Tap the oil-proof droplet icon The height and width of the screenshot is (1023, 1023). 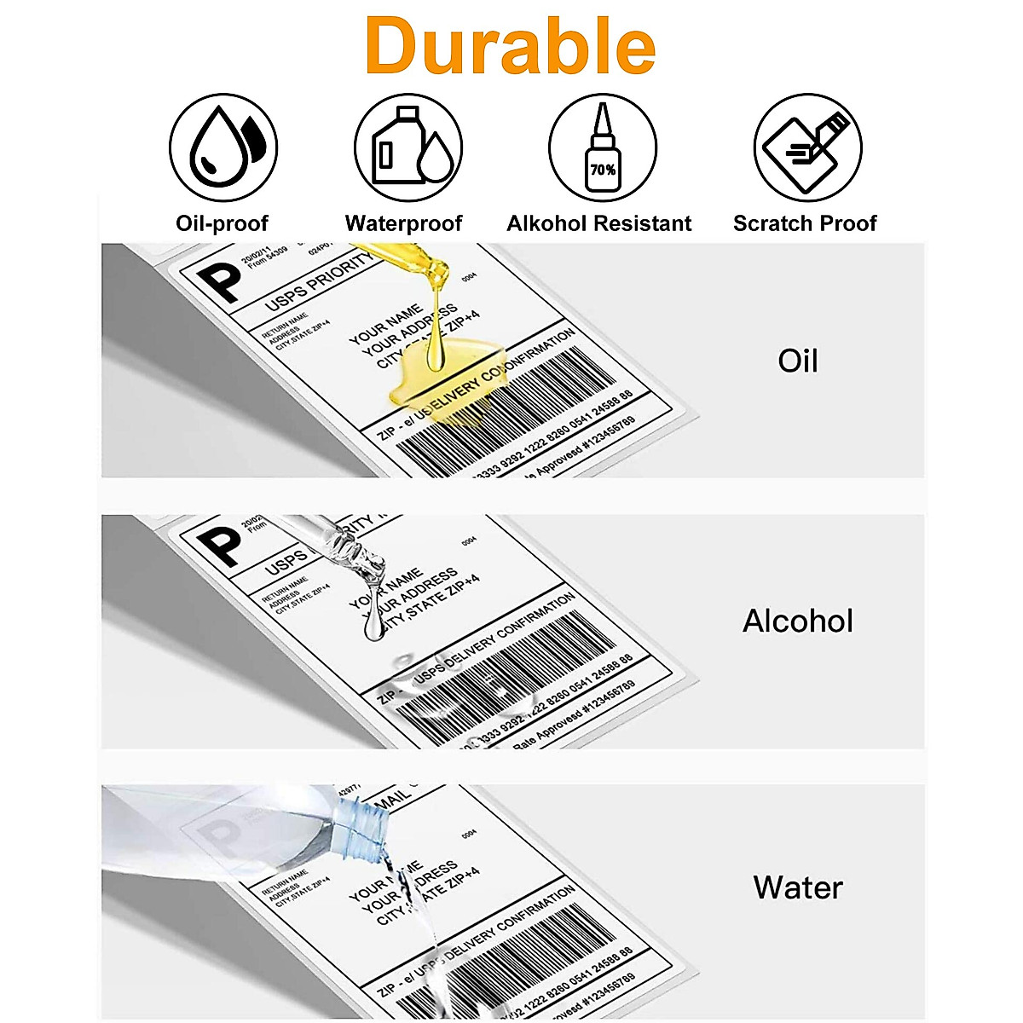[x=223, y=147]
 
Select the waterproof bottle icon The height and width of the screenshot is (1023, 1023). [x=408, y=147]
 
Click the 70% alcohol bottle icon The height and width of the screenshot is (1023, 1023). [x=603, y=147]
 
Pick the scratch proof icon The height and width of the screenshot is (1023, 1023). [x=806, y=147]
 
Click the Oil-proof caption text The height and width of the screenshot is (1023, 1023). [x=222, y=223]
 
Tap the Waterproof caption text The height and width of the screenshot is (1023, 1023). [x=403, y=223]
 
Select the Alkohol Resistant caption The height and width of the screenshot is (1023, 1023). [x=599, y=223]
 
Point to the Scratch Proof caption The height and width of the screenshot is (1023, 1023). [x=805, y=223]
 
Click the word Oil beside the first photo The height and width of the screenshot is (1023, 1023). [x=797, y=361]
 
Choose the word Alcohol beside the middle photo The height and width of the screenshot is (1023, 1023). [x=797, y=621]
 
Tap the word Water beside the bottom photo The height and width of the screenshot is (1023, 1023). [x=797, y=887]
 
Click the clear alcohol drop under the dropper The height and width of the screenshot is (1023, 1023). [x=373, y=627]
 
